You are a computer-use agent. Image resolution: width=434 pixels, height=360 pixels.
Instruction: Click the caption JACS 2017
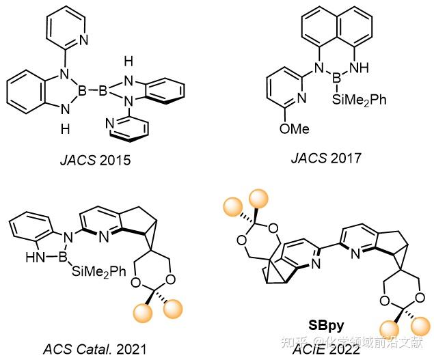(325, 158)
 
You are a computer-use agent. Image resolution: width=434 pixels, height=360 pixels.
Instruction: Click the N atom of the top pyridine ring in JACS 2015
(83, 39)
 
